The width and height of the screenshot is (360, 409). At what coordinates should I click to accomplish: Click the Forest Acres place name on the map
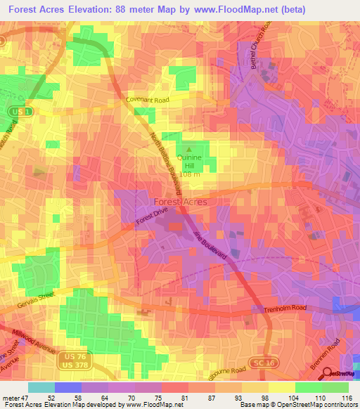(x=180, y=202)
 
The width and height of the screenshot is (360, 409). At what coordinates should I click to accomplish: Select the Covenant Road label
(x=149, y=100)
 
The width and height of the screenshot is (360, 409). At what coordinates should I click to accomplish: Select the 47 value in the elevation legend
(x=28, y=397)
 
